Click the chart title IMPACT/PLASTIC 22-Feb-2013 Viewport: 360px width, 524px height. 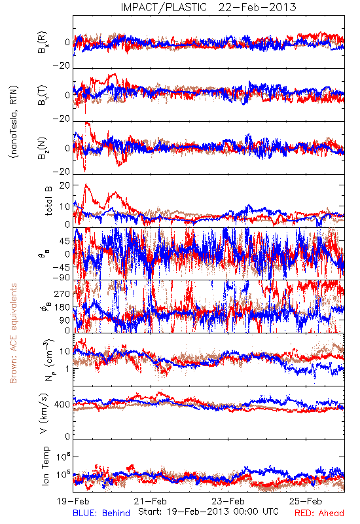click(x=208, y=7)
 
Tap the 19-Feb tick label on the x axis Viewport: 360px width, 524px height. click(x=73, y=501)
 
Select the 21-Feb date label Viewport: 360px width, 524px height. click(x=151, y=501)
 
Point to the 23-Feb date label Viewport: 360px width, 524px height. click(x=228, y=501)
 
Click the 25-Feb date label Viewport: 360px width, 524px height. click(x=306, y=501)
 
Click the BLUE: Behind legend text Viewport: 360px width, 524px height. click(x=101, y=513)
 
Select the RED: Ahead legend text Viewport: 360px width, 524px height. click(x=319, y=513)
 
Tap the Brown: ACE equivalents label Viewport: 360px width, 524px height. click(x=13, y=333)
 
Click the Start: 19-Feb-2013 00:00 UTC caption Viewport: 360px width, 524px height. click(x=208, y=512)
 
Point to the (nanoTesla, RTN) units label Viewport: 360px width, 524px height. click(x=14, y=122)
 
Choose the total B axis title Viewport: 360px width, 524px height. click(x=48, y=201)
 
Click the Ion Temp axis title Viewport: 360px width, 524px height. click(x=46, y=466)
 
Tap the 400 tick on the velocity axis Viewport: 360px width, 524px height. click(x=62, y=405)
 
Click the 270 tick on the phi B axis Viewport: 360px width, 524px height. click(x=62, y=294)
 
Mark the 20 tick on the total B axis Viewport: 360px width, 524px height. click(x=65, y=185)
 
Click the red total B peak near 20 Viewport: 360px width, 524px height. click(x=86, y=185)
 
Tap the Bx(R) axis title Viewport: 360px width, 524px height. click(x=43, y=43)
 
